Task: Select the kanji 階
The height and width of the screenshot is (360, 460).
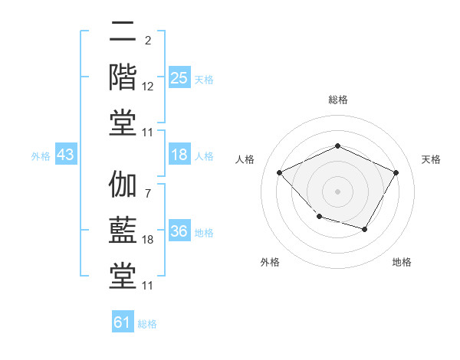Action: [123, 77]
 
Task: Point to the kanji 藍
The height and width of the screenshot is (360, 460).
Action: [123, 231]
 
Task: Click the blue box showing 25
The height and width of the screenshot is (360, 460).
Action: [179, 78]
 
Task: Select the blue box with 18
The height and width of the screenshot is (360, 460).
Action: [179, 155]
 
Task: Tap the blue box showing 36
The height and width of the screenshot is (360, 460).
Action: [179, 231]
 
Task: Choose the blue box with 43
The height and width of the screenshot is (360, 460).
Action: [66, 155]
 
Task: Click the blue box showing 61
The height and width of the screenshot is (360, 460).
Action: [123, 322]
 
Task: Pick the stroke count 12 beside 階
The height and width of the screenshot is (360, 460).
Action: [148, 87]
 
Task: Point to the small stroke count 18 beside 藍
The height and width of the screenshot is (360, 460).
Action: [148, 240]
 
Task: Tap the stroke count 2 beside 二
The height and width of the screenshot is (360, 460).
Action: [148, 40]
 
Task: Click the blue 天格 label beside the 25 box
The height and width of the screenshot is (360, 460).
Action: [204, 80]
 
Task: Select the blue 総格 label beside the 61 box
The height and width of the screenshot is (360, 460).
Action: [147, 324]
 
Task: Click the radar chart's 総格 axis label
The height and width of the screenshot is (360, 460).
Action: [337, 100]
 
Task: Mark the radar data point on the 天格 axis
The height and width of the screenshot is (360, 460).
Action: [396, 172]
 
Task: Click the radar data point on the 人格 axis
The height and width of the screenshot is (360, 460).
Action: [280, 172]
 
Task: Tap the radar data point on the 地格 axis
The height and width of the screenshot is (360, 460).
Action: [365, 229]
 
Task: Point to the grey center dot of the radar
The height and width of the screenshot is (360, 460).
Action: [337, 191]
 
